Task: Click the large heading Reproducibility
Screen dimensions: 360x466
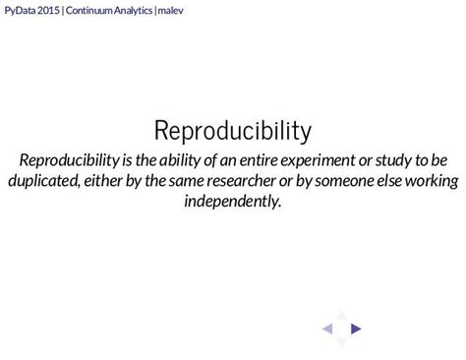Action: coord(233,130)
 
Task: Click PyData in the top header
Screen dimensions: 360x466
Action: coord(21,11)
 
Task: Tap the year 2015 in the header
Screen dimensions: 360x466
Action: coord(50,11)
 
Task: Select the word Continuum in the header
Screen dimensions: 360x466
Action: coord(89,11)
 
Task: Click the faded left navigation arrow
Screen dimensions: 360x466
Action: coord(328,330)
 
